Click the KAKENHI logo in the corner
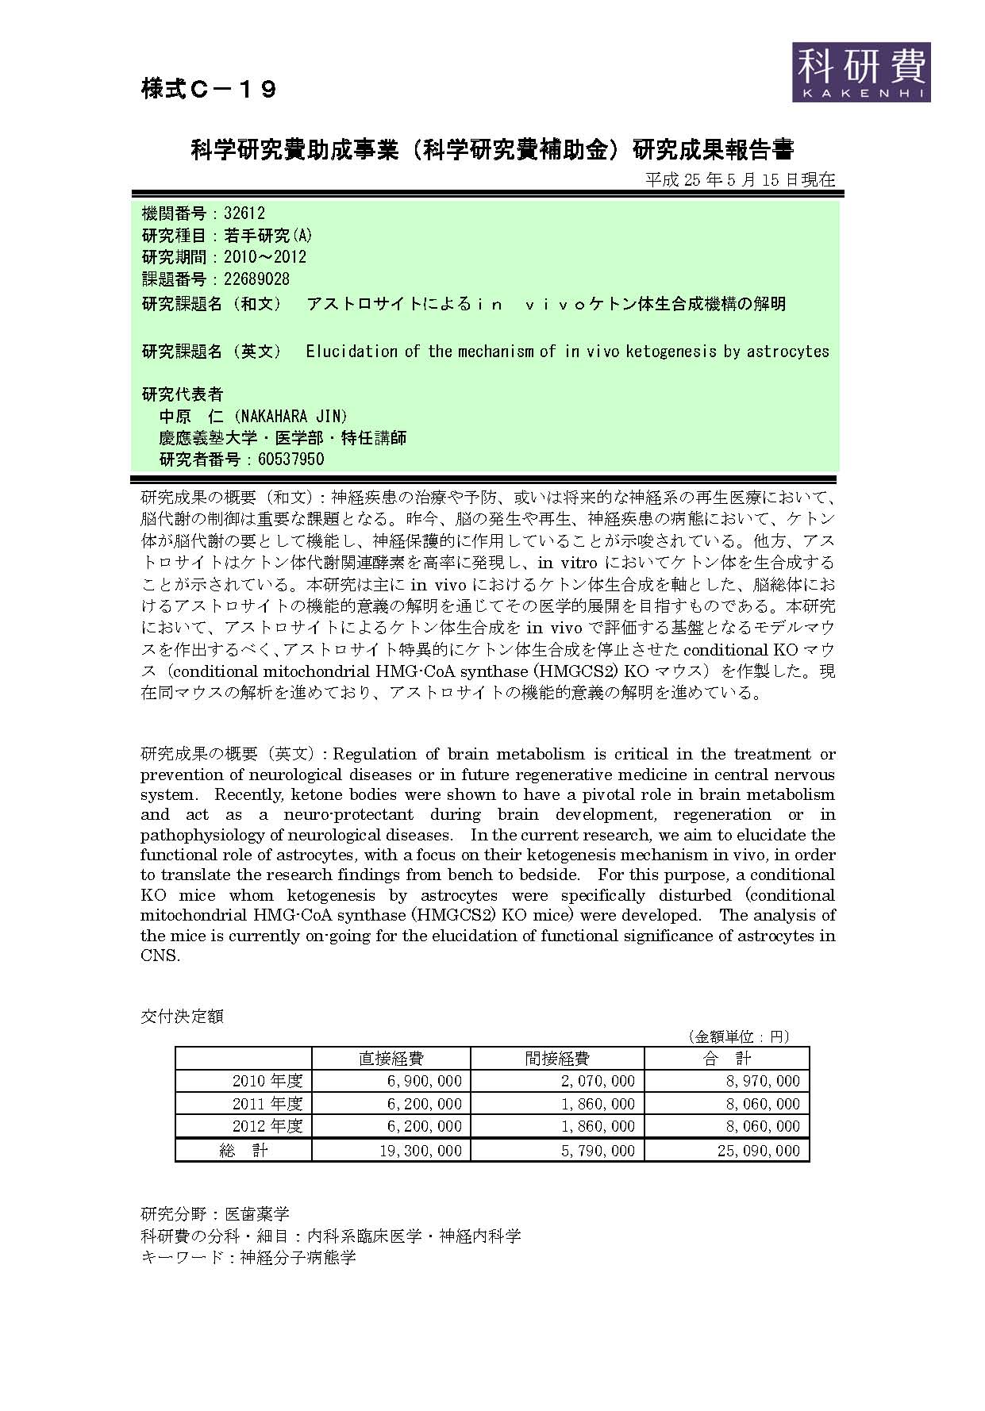861,72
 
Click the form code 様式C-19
209,89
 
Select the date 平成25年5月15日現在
740,179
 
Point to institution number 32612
244,213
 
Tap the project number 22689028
257,279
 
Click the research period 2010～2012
265,257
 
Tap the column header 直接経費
391,1058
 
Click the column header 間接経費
556,1058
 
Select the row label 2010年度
267,1081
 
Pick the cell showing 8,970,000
759,1081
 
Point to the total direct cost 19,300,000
420,1151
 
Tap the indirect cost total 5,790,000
598,1151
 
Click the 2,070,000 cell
598,1081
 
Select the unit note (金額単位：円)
738,1036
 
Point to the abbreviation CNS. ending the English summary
160,955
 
